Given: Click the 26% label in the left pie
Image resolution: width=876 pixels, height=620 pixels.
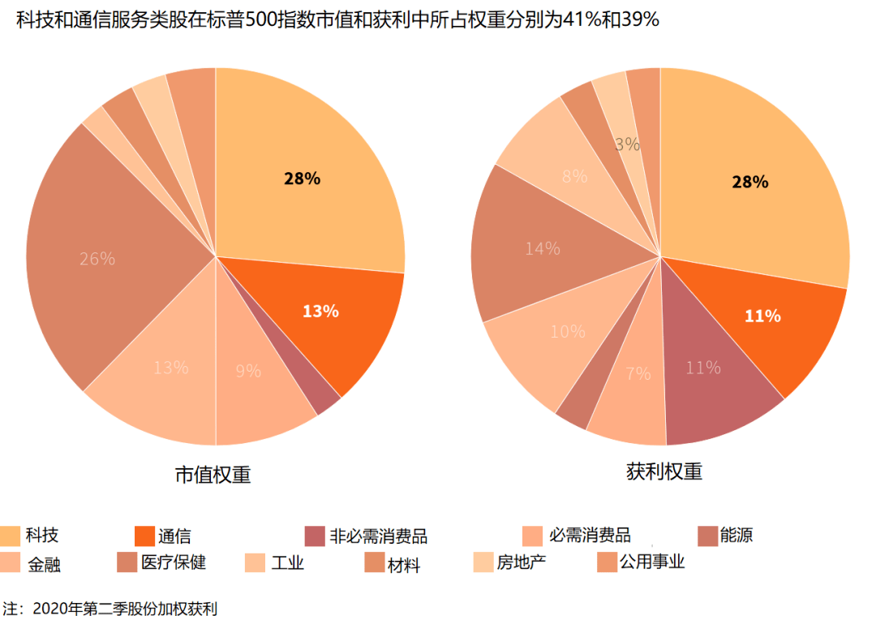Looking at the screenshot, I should [x=97, y=260].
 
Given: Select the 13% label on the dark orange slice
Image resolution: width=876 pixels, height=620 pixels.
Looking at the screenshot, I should [x=320, y=311].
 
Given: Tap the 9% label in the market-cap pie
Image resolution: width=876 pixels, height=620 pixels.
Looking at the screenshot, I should [x=248, y=372].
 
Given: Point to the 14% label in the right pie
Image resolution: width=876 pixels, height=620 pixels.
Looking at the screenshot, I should [x=542, y=249].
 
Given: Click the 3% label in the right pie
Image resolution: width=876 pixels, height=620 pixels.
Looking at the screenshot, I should [x=628, y=145].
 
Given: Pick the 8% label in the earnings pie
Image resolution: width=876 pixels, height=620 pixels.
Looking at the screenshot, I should [x=574, y=176].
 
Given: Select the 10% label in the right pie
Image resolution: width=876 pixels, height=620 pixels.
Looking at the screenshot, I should [x=567, y=331].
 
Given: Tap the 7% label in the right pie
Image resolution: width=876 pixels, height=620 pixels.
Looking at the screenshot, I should [x=638, y=374].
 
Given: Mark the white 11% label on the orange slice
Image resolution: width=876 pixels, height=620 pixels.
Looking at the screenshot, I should [x=762, y=316].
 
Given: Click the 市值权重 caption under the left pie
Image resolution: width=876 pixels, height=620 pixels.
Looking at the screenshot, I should [x=213, y=475].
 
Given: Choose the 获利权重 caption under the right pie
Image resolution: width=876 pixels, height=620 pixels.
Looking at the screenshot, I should [x=663, y=471].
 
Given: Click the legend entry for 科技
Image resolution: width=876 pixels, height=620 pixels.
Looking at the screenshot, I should [x=41, y=536].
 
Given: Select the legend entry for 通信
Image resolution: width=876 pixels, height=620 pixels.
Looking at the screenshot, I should [x=174, y=536].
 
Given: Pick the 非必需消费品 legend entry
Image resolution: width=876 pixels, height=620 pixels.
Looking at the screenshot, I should [x=378, y=536].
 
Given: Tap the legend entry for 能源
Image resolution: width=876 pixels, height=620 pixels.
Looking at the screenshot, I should [x=736, y=536].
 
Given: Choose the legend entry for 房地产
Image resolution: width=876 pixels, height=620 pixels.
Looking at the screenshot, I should [x=522, y=562].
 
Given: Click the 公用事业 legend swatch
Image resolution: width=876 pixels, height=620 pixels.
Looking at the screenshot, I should [x=608, y=562].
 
